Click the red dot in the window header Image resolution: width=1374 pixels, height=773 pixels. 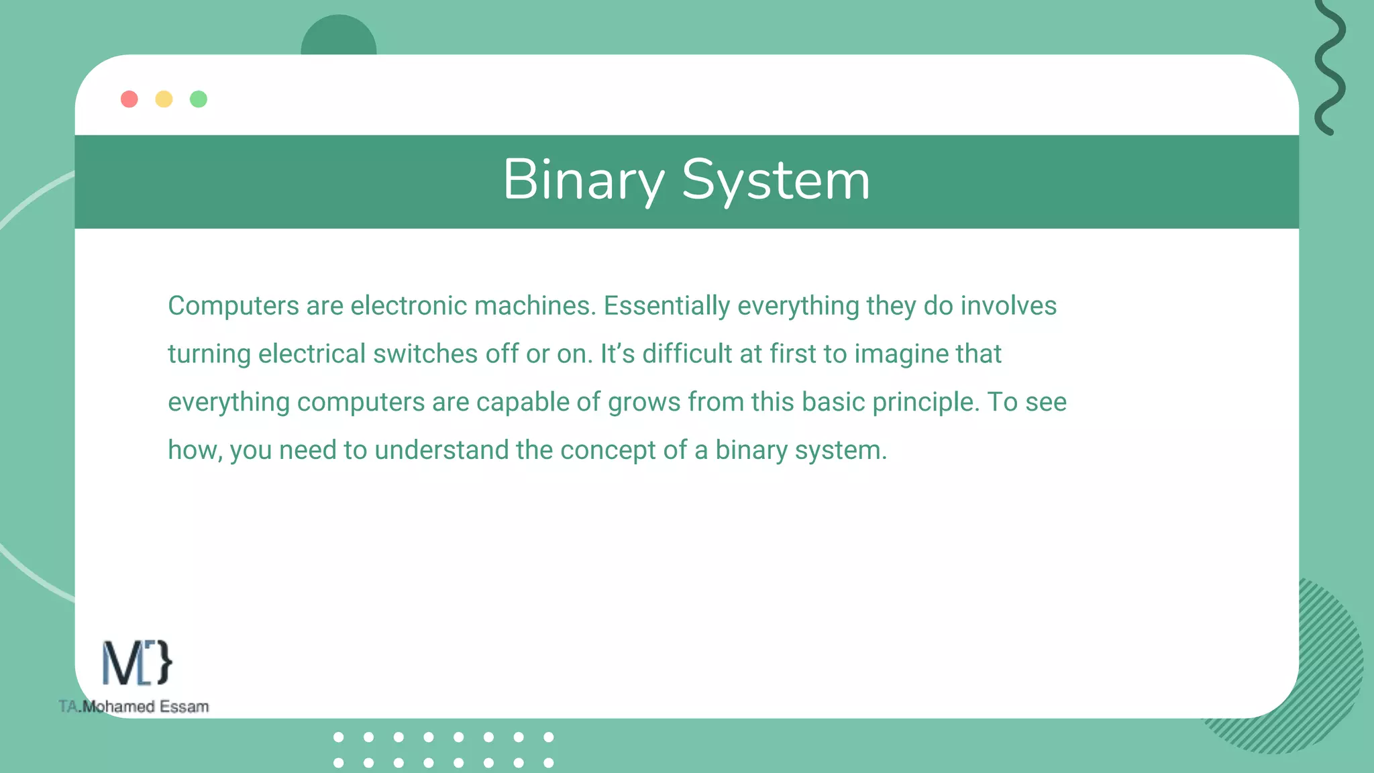click(129, 99)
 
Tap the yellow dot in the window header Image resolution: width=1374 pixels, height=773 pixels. click(164, 99)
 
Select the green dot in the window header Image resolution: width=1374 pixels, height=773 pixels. click(199, 99)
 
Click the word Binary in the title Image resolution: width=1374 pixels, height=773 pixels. click(583, 180)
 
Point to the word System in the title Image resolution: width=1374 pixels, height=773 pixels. click(776, 180)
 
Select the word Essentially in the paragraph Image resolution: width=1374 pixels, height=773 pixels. click(666, 306)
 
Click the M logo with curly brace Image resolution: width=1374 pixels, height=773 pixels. click(137, 663)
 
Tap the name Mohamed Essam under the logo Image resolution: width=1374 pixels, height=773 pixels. click(146, 707)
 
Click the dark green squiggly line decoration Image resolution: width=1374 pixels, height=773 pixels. click(1330, 67)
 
